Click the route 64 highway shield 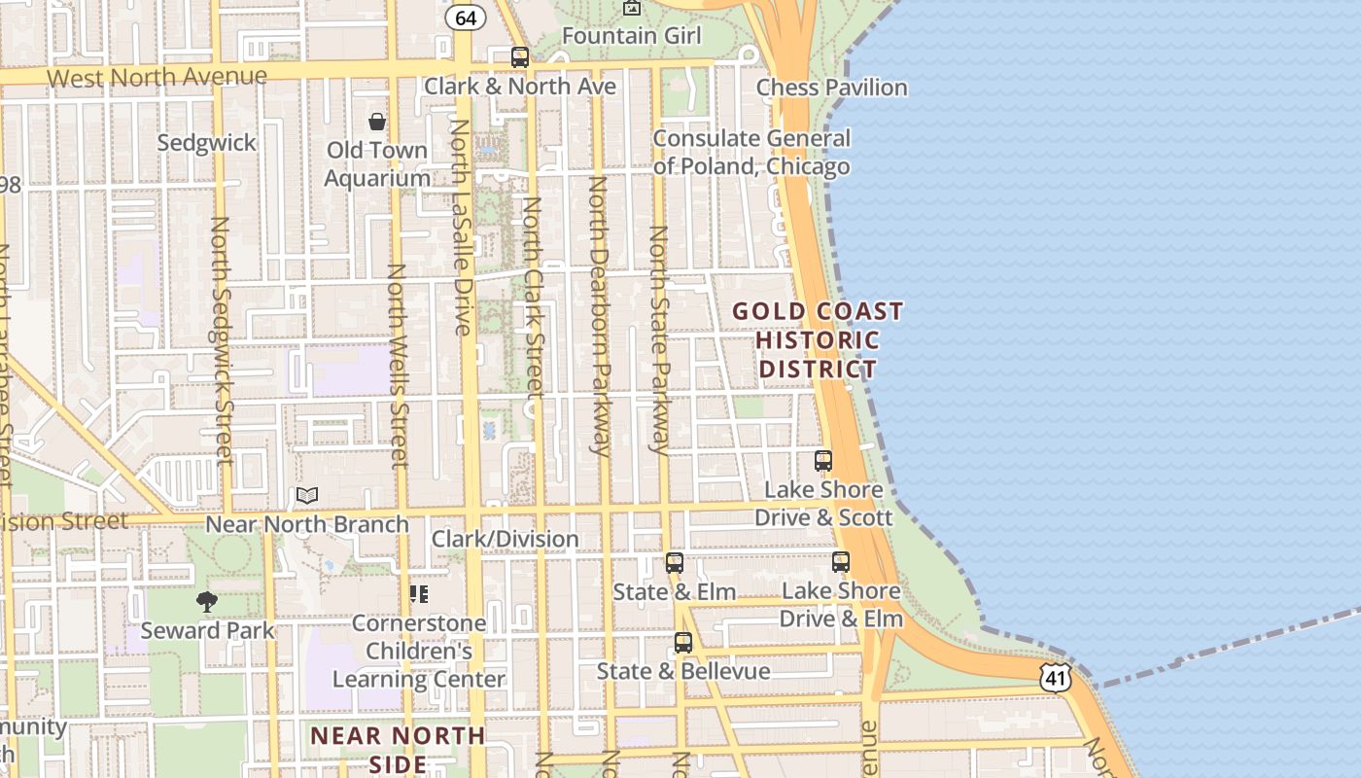pyautogui.click(x=466, y=18)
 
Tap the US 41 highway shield pyautogui.click(x=1055, y=677)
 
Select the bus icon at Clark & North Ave pyautogui.click(x=520, y=57)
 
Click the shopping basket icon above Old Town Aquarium pyautogui.click(x=376, y=122)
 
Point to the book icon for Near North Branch pyautogui.click(x=307, y=496)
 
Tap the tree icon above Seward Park pyautogui.click(x=207, y=602)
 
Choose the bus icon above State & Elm pyautogui.click(x=674, y=562)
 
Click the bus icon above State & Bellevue pyautogui.click(x=683, y=643)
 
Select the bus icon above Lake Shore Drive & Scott pyautogui.click(x=823, y=461)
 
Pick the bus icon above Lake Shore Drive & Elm pyautogui.click(x=841, y=562)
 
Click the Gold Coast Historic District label pyautogui.click(x=818, y=340)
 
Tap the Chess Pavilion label pyautogui.click(x=831, y=88)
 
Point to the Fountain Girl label pyautogui.click(x=631, y=36)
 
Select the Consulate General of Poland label pyautogui.click(x=751, y=153)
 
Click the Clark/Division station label pyautogui.click(x=505, y=539)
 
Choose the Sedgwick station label pyautogui.click(x=207, y=143)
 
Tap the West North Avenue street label pyautogui.click(x=157, y=77)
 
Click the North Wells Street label pyautogui.click(x=398, y=365)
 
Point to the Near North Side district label pyautogui.click(x=398, y=749)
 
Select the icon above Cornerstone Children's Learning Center pyautogui.click(x=419, y=593)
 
